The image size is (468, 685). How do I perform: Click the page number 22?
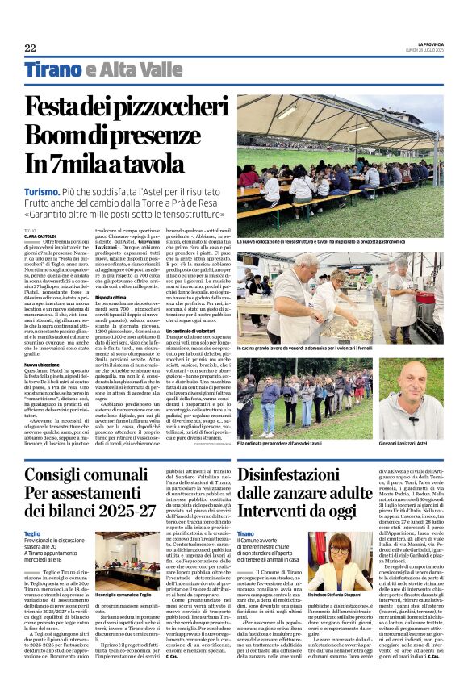point(30,48)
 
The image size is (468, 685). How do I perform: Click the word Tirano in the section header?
point(52,71)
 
